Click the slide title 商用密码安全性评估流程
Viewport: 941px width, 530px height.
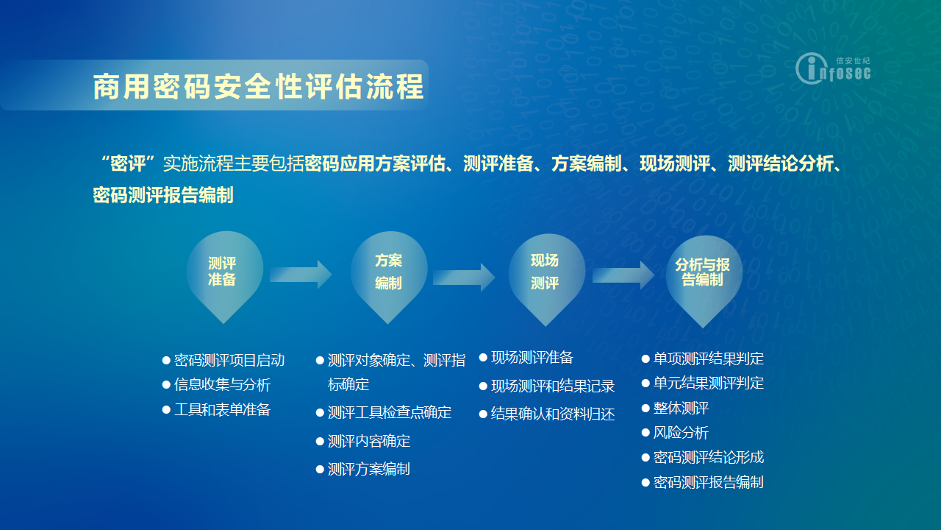(258, 87)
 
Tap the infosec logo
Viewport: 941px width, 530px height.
(833, 68)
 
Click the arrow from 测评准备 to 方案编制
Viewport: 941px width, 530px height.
(301, 275)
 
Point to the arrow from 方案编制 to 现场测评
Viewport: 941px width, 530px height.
(464, 278)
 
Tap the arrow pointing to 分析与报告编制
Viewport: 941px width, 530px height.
(623, 275)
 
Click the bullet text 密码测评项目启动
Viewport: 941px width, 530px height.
(229, 361)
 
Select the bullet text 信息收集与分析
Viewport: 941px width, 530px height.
(222, 385)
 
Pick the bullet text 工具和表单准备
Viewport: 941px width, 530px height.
(222, 410)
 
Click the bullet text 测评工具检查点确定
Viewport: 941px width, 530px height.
(390, 413)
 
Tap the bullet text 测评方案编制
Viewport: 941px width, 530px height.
(369, 470)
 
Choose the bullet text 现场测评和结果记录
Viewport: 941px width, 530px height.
(553, 386)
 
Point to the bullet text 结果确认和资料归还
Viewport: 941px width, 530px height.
(553, 414)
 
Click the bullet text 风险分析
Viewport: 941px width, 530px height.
(681, 433)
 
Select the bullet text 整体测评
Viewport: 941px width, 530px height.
(681, 408)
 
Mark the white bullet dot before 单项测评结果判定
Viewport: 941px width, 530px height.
(645, 359)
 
